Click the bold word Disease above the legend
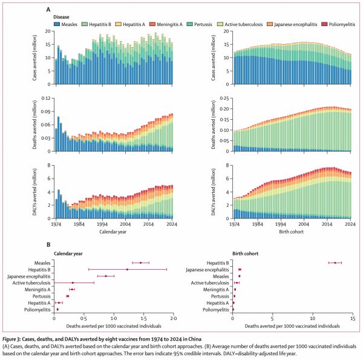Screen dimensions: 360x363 62,17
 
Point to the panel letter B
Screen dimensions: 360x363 48,244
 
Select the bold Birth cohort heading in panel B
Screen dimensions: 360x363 249,254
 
